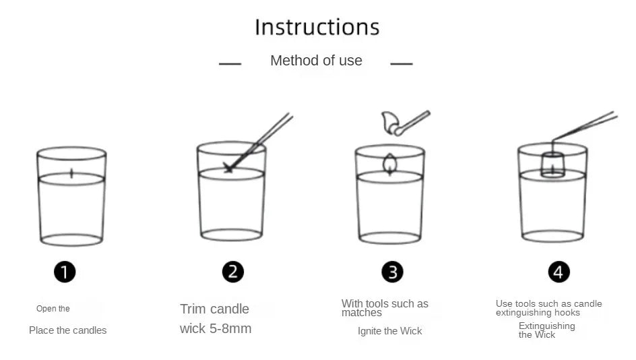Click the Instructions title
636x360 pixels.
[317, 27]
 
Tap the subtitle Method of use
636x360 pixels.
[316, 61]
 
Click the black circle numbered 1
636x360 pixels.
[65, 272]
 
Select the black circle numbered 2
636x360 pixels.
[233, 272]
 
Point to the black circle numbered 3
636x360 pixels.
[392, 272]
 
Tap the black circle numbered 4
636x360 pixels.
[559, 272]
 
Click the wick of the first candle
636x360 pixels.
[72, 173]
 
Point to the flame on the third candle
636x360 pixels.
[390, 164]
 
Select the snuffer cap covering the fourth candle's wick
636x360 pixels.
[553, 164]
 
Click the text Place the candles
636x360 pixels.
[68, 330]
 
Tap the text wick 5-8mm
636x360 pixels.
[216, 328]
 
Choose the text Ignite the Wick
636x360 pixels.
[390, 331]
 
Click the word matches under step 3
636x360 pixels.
[361, 313]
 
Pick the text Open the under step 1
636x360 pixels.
[53, 309]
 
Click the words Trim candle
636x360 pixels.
[214, 309]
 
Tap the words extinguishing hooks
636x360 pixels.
[538, 313]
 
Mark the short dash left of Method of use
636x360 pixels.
[230, 64]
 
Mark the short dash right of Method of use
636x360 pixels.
[402, 64]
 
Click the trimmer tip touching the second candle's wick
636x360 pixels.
[228, 168]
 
